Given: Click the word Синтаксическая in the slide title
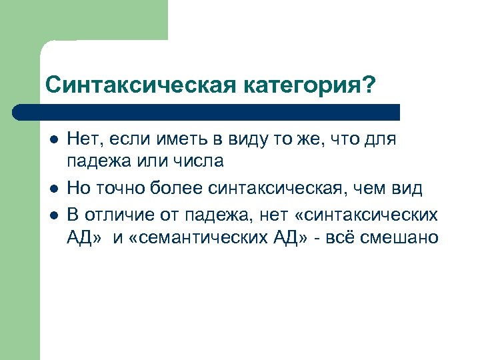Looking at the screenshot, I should (x=127, y=85).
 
